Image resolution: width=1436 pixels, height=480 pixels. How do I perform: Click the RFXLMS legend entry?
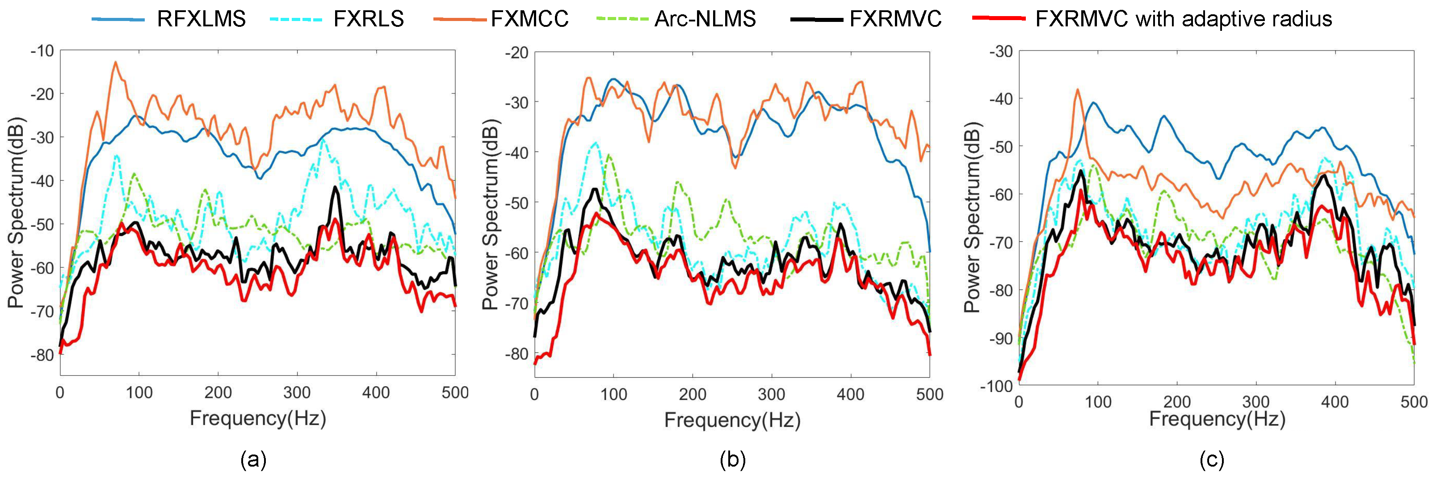(201, 19)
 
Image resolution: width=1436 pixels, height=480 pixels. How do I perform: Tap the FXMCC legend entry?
(529, 19)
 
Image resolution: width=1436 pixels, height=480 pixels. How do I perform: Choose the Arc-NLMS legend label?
(705, 19)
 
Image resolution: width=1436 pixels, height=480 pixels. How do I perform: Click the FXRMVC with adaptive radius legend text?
(1184, 19)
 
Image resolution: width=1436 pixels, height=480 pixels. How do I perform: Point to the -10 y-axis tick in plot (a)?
(42, 51)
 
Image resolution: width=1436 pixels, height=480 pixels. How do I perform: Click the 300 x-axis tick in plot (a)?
(297, 393)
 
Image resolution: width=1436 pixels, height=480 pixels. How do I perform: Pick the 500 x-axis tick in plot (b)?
(929, 395)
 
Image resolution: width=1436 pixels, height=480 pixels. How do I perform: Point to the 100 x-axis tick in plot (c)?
(1098, 402)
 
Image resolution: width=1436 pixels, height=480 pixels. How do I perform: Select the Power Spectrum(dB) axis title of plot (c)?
(972, 217)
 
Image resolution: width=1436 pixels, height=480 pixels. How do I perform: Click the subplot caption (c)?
(1211, 460)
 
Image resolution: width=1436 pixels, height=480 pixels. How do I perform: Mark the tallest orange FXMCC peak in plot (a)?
(115, 63)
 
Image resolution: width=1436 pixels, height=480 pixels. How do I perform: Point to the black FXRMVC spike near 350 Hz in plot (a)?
(335, 187)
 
